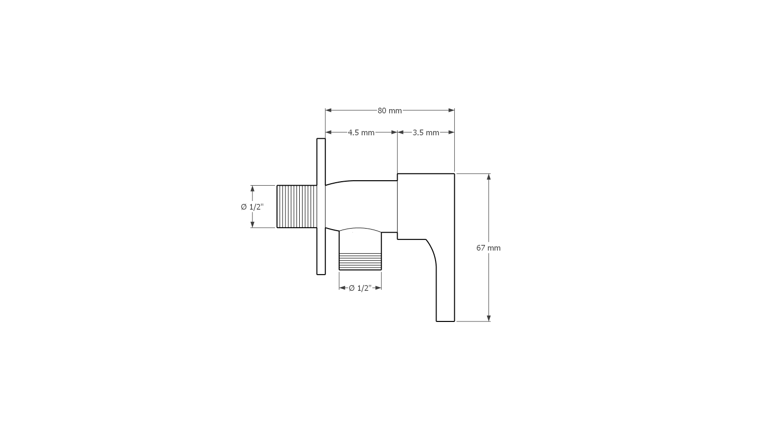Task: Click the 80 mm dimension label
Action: [x=390, y=111]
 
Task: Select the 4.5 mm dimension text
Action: [x=361, y=132]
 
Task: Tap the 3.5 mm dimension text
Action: [x=426, y=132]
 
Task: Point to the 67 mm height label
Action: [x=488, y=248]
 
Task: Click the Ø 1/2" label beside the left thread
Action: [x=252, y=207]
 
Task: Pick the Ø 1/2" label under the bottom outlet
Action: [x=360, y=288]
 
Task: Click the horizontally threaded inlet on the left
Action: [x=297, y=206]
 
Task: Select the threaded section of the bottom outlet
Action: [x=360, y=262]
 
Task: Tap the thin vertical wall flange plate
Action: [x=321, y=206]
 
